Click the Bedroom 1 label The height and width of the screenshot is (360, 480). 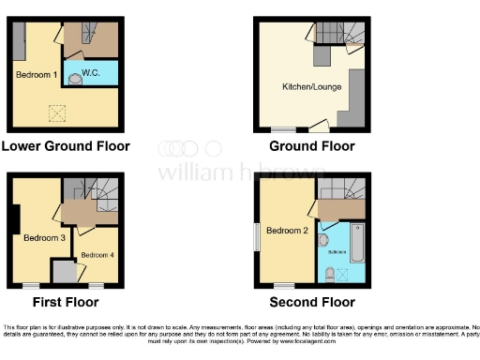(x=37, y=73)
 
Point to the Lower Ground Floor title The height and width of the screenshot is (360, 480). (x=66, y=146)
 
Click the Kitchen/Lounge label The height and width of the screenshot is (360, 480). (x=311, y=87)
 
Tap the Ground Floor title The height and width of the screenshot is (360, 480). (x=311, y=146)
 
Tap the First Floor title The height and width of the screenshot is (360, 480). (x=66, y=302)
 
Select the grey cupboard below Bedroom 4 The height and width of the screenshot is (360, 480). (x=65, y=271)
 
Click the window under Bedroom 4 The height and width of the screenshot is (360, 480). (x=96, y=284)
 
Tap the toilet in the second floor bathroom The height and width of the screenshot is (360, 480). (x=328, y=274)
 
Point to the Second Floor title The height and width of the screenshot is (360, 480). (x=311, y=302)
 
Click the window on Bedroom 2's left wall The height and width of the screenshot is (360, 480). (x=257, y=236)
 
